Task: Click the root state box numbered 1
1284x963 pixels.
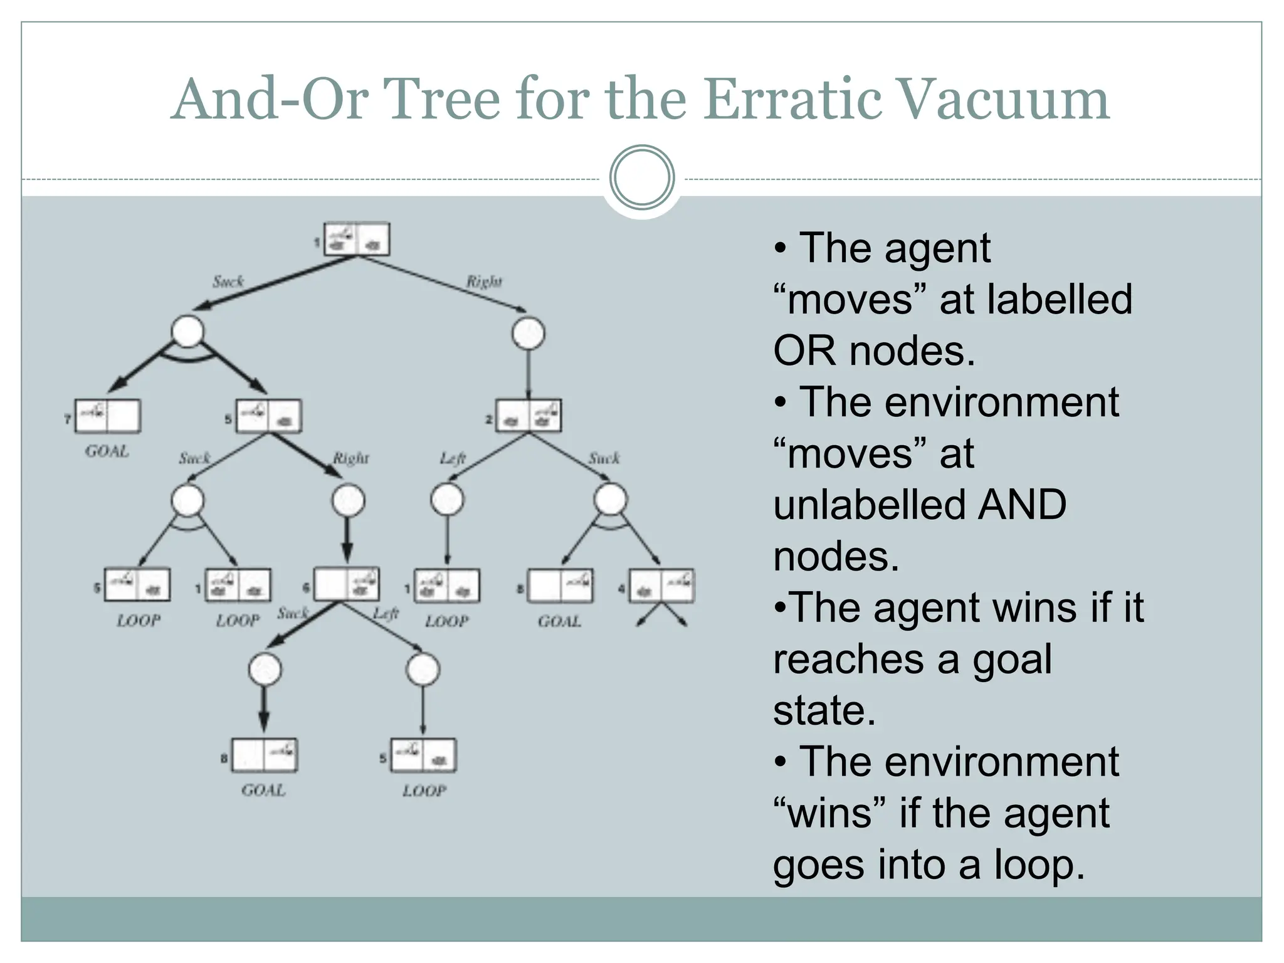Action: pos(357,239)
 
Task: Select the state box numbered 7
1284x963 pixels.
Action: pos(107,416)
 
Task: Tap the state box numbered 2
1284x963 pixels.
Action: pos(528,416)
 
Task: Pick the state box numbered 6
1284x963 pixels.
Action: pos(346,584)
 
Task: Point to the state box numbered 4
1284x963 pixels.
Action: pos(661,586)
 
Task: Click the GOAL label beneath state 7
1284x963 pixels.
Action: pos(107,451)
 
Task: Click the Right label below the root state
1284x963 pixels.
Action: pos(483,282)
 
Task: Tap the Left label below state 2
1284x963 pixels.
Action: pos(452,459)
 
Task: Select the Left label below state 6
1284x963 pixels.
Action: pos(386,613)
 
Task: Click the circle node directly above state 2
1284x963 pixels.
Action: pos(528,333)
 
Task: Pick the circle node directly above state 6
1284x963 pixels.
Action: pos(349,500)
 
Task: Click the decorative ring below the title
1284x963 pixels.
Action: pos(642,177)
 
